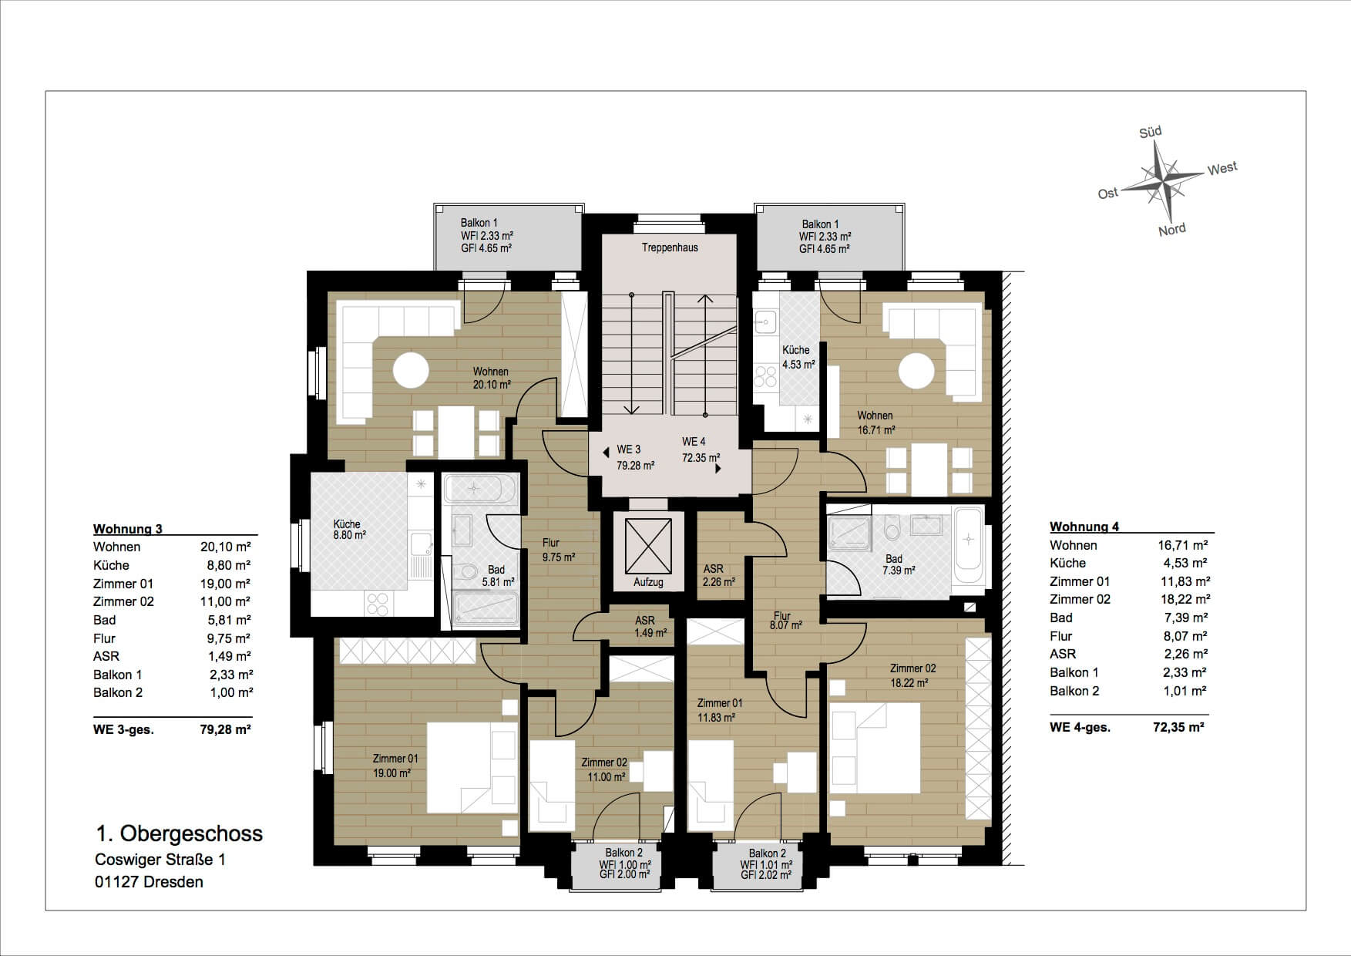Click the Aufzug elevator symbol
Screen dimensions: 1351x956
pyautogui.click(x=648, y=546)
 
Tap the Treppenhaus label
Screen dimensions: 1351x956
pyautogui.click(x=670, y=247)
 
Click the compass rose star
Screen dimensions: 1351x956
pyautogui.click(x=1161, y=182)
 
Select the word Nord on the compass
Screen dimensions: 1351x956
pyautogui.click(x=1172, y=229)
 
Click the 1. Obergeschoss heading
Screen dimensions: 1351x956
pyautogui.click(x=180, y=833)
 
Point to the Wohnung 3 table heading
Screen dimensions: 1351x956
pyautogui.click(x=128, y=529)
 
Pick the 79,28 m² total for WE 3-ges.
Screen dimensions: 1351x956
pyautogui.click(x=226, y=729)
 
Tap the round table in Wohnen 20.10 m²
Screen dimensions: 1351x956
pyautogui.click(x=411, y=370)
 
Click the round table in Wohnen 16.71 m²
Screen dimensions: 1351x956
pyautogui.click(x=916, y=370)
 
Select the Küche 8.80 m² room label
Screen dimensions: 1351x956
pyautogui.click(x=348, y=529)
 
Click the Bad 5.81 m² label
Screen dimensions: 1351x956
pyautogui.click(x=497, y=576)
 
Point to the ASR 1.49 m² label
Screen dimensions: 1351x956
pyautogui.click(x=646, y=626)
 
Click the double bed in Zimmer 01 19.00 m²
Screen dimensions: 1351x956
pyautogui.click(x=472, y=767)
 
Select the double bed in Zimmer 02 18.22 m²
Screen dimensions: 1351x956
pyautogui.click(x=875, y=748)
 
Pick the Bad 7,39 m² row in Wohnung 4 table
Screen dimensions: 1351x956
pyautogui.click(x=1129, y=618)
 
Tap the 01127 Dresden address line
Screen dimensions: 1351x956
pyautogui.click(x=150, y=882)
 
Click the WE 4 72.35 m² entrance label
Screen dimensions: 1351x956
pyautogui.click(x=701, y=449)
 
